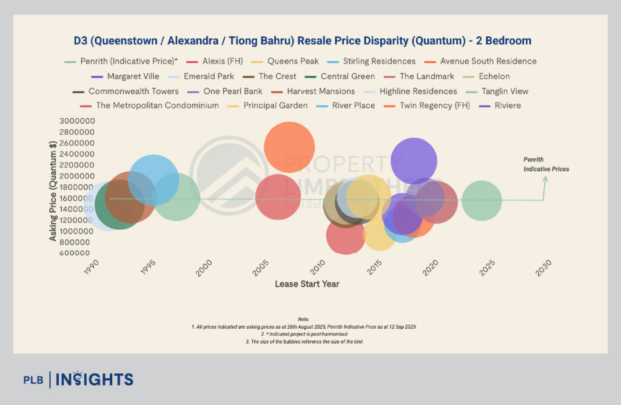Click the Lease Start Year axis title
point(307,284)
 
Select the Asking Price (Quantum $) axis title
point(53,187)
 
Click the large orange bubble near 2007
point(289,147)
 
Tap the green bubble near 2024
point(482,201)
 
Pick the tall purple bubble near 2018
point(414,161)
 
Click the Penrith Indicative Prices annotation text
point(546,164)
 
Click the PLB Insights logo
point(78,380)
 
